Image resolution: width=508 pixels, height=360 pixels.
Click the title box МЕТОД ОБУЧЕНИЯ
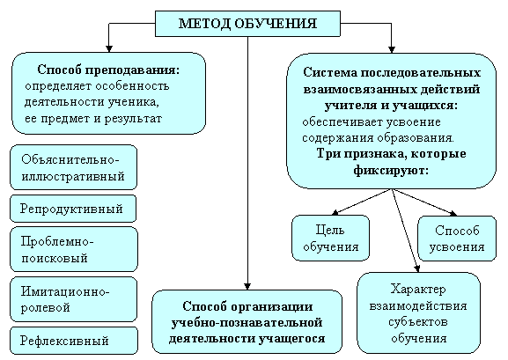coord(248,24)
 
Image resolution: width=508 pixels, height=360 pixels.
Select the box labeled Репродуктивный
coord(73,209)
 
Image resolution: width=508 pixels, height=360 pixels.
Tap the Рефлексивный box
coord(74,341)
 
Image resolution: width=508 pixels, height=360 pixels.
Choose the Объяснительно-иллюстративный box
coord(74,167)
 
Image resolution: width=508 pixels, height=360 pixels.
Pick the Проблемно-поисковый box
coord(74,249)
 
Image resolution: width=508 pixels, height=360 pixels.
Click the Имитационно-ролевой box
coord(74,299)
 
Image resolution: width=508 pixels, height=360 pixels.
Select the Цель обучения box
coord(330,239)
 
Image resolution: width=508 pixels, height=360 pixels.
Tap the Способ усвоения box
coord(457,239)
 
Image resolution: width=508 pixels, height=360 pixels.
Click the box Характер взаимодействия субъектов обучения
coord(418,313)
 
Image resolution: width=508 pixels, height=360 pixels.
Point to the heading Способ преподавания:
coord(108,70)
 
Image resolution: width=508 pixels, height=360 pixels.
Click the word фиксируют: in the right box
coord(391,170)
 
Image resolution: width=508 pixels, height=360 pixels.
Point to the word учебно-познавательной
coord(247,323)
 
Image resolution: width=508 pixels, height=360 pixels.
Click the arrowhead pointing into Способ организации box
coord(247,286)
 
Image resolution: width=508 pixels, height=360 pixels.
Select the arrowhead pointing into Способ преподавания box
coord(109,48)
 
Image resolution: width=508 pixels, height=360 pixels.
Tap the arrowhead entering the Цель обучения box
coord(335,213)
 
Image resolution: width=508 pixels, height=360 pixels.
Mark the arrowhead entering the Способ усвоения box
coord(453,214)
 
